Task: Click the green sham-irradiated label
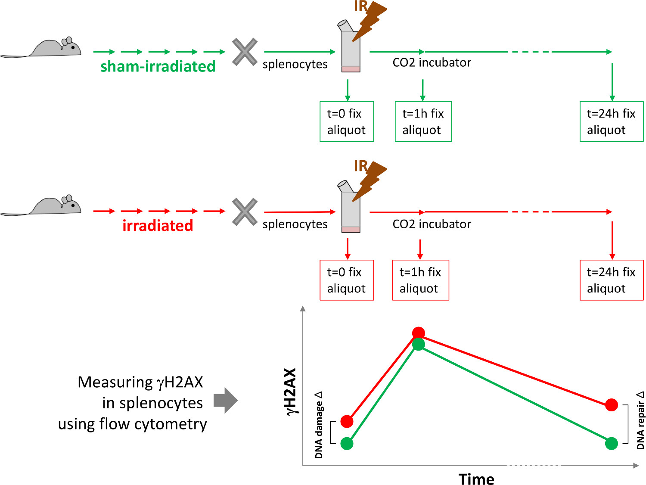158,66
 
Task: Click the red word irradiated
158,226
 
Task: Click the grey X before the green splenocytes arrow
245,52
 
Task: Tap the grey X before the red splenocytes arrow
245,212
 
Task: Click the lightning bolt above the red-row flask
370,181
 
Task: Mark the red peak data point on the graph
419,333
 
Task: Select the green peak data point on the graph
419,344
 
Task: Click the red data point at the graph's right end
611,405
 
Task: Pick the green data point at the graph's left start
347,443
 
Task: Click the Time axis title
476,479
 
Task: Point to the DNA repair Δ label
640,420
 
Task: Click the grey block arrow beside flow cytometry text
225,400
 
